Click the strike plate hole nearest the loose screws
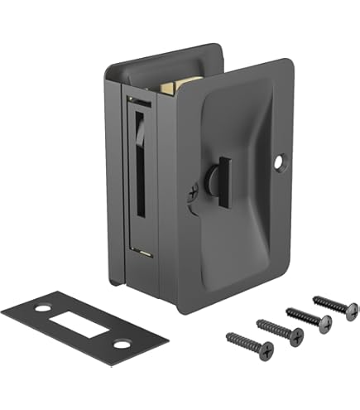point(120,342)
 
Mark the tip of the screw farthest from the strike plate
point(314,297)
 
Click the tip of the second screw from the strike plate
point(259,320)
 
